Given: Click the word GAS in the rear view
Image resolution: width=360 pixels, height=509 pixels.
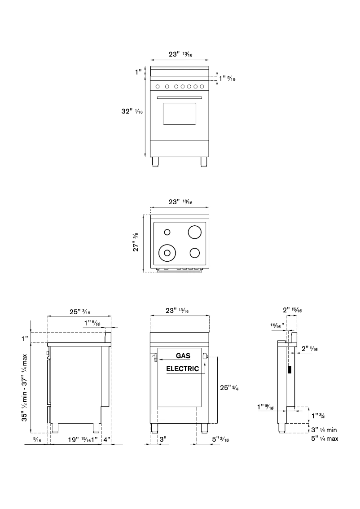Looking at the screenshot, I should (x=183, y=356).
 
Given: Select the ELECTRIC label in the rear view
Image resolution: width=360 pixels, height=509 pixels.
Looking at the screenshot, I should (x=183, y=369).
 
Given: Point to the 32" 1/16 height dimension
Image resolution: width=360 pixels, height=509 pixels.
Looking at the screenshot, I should (x=132, y=111).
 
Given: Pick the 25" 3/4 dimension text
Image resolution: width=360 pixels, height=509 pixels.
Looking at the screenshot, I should (x=228, y=388).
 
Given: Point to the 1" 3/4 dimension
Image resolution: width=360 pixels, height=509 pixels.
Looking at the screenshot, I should (x=318, y=416).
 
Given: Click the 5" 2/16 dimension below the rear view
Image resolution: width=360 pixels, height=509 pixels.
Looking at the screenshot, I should (x=220, y=440).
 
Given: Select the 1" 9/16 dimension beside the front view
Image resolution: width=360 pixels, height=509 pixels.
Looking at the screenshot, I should (x=227, y=79).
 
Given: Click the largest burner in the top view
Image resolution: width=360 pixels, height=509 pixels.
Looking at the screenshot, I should (x=195, y=232).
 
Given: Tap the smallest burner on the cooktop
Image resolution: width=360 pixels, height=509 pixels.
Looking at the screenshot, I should (x=167, y=232).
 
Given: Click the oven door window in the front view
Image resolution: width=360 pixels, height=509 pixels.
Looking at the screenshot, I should (x=180, y=114).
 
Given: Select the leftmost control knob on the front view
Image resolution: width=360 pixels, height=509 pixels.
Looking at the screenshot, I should (x=158, y=86).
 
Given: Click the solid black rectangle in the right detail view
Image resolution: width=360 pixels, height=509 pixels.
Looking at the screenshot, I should (x=290, y=370).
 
